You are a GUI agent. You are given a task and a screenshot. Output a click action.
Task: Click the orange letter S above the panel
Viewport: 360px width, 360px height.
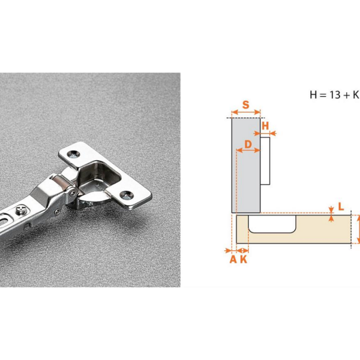click(245, 104)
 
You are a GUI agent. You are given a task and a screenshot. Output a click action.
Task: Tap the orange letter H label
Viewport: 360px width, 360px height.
click(265, 126)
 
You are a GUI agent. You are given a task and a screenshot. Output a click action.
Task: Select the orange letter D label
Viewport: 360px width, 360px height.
click(248, 145)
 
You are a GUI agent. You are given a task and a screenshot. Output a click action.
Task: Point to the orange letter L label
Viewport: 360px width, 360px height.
click(341, 206)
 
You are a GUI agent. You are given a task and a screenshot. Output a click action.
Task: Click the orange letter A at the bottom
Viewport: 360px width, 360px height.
click(233, 259)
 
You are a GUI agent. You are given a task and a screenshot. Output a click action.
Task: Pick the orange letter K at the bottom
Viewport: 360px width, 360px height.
click(244, 259)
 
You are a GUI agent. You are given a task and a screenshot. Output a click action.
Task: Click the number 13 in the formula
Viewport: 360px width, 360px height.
click(335, 95)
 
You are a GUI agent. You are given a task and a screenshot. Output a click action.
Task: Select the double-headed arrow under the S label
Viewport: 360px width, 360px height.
click(246, 112)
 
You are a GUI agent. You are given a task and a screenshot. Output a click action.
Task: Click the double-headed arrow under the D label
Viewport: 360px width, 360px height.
click(248, 151)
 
